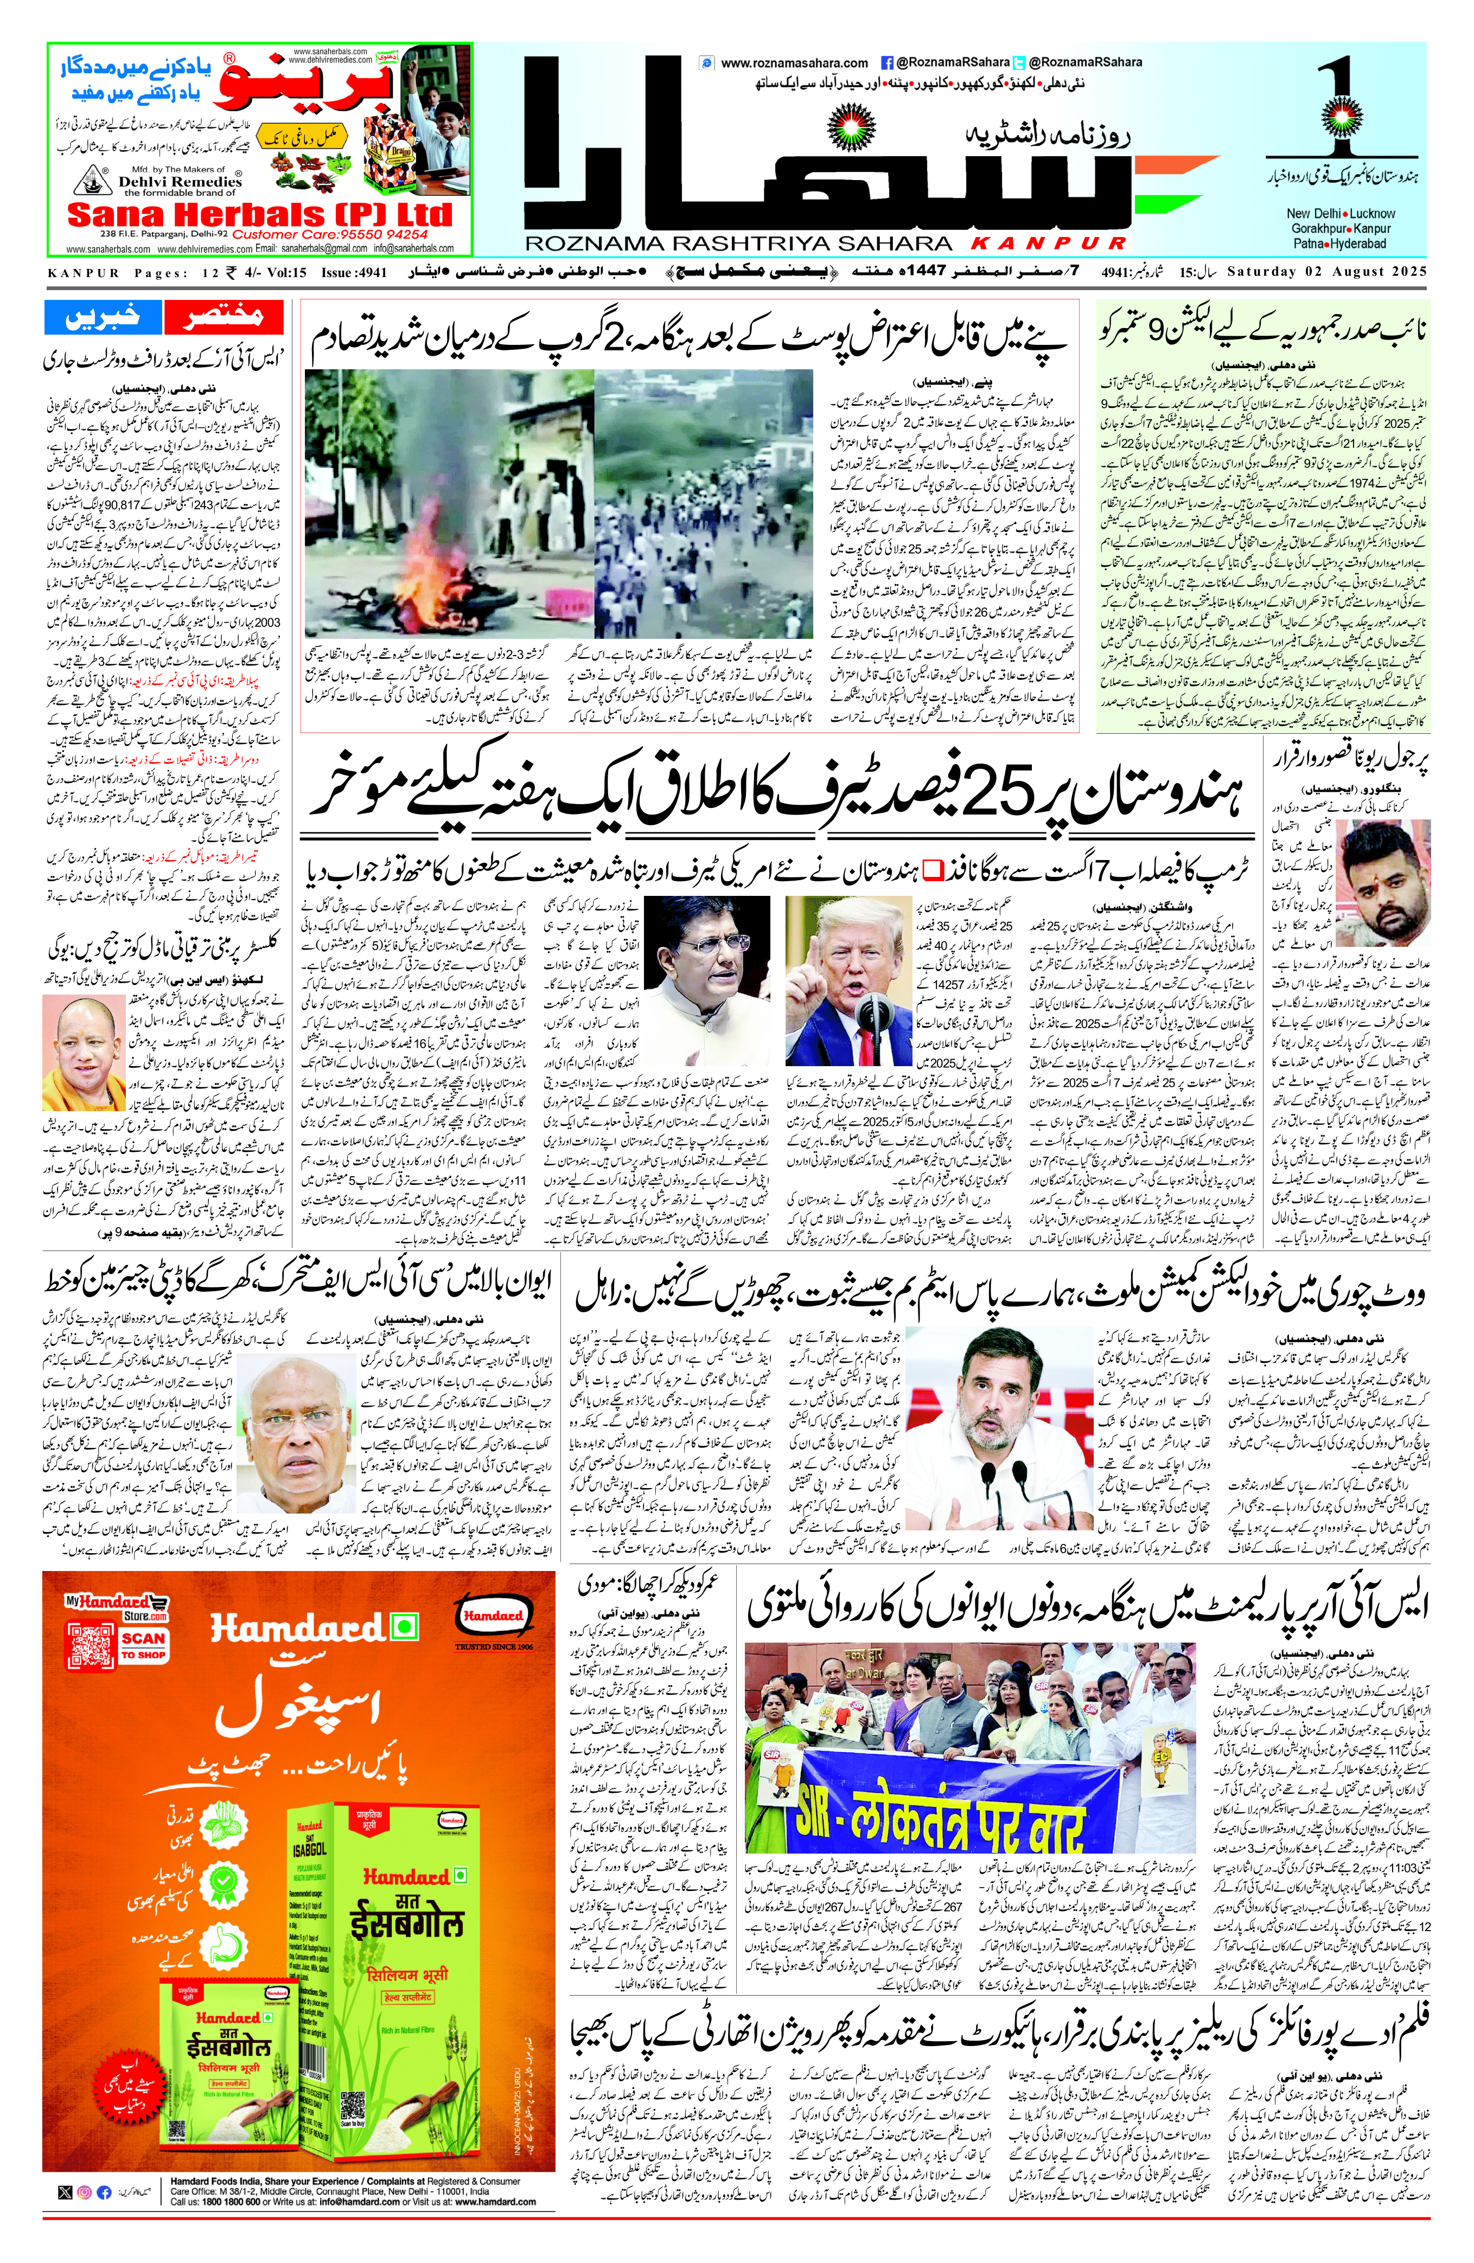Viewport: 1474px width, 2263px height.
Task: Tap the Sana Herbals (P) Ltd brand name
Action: pyautogui.click(x=259, y=215)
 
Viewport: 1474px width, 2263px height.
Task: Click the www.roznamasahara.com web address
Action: pyautogui.click(x=794, y=63)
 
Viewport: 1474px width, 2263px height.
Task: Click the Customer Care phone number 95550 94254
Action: pyautogui.click(x=380, y=234)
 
